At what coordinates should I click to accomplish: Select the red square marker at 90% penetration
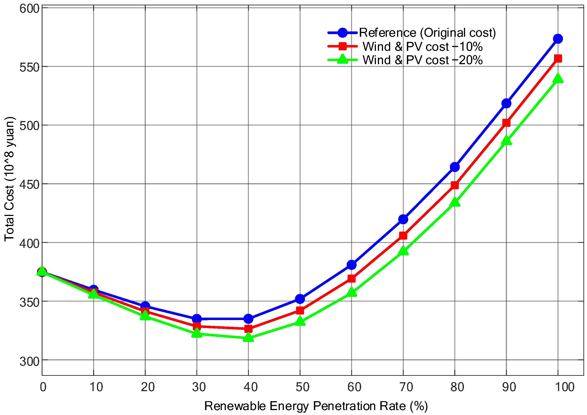(506, 123)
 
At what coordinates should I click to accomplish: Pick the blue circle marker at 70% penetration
(403, 219)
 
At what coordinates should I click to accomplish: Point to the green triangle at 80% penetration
(455, 202)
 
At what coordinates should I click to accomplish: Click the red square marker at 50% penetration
(300, 310)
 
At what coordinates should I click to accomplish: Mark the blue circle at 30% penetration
(197, 319)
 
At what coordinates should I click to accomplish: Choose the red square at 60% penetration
(352, 278)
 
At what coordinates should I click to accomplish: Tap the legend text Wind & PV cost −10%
(422, 47)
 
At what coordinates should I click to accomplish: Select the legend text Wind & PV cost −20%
(422, 60)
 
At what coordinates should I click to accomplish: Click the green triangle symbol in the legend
(342, 60)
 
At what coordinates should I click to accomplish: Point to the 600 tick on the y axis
(29, 8)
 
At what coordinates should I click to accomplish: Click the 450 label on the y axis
(29, 185)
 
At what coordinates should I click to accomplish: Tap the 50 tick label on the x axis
(303, 387)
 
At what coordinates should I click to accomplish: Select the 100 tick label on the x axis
(564, 387)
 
